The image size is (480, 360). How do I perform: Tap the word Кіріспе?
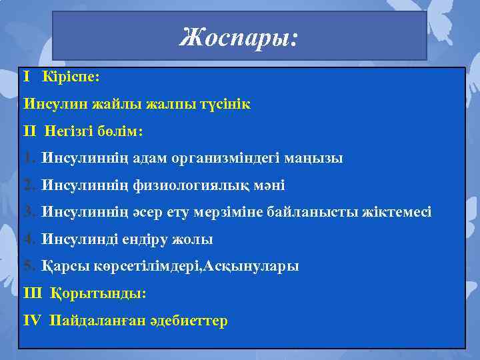(x=70, y=77)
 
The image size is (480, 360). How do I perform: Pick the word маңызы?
(x=314, y=159)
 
